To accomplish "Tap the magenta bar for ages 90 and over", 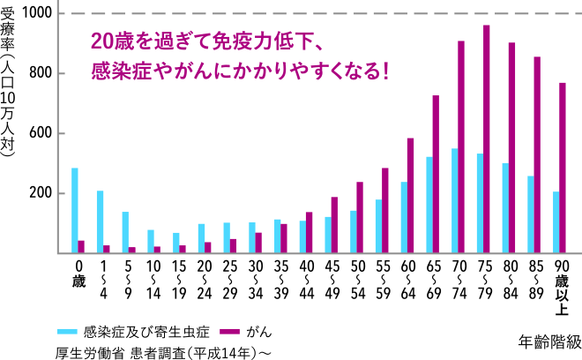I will click(562, 168).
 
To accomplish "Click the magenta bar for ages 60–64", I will click(410, 195).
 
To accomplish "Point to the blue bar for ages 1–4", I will click(100, 221).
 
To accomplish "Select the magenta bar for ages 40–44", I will click(309, 232).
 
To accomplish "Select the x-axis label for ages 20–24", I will click(205, 277).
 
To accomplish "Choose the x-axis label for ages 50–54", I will click(358, 277).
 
